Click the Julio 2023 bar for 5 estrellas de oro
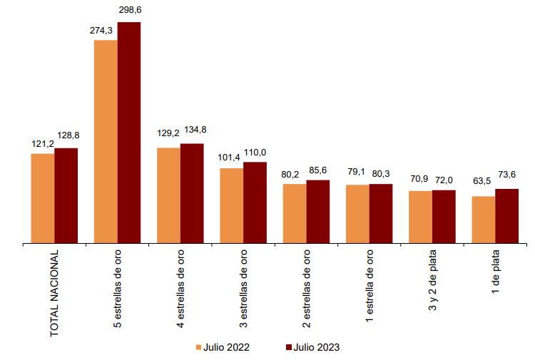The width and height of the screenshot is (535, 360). [x=129, y=133]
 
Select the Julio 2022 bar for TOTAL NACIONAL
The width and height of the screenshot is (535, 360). [x=43, y=198]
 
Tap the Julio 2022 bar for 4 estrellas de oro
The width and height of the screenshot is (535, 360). [x=168, y=195]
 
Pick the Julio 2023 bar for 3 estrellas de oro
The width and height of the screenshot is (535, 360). [x=255, y=202]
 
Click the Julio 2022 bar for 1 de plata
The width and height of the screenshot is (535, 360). [x=484, y=220]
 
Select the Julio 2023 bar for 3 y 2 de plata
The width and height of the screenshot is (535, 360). [x=444, y=217]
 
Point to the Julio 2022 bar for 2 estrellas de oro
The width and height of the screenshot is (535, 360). [x=295, y=214]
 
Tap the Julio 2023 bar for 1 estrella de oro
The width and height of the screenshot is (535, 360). [x=381, y=214]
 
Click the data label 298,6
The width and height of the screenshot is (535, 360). [x=129, y=10]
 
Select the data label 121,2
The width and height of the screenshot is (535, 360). [x=42, y=143]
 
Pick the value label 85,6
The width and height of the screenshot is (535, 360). [x=319, y=170]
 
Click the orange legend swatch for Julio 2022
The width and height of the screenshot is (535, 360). [x=200, y=348]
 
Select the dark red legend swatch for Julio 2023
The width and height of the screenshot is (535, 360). [x=289, y=348]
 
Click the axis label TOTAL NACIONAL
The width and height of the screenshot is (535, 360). [x=54, y=293]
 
